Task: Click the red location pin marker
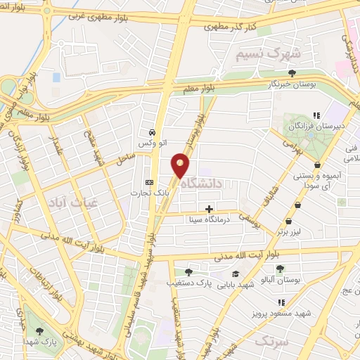coord(181,166)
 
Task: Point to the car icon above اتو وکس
coord(152,132)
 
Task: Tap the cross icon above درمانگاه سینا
coord(209,208)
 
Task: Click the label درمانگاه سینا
coord(209,219)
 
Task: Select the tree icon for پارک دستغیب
coord(188,273)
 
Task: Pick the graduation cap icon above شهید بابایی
coord(236,274)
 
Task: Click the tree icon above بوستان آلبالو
coord(280,269)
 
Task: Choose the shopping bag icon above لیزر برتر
coord(298,205)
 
